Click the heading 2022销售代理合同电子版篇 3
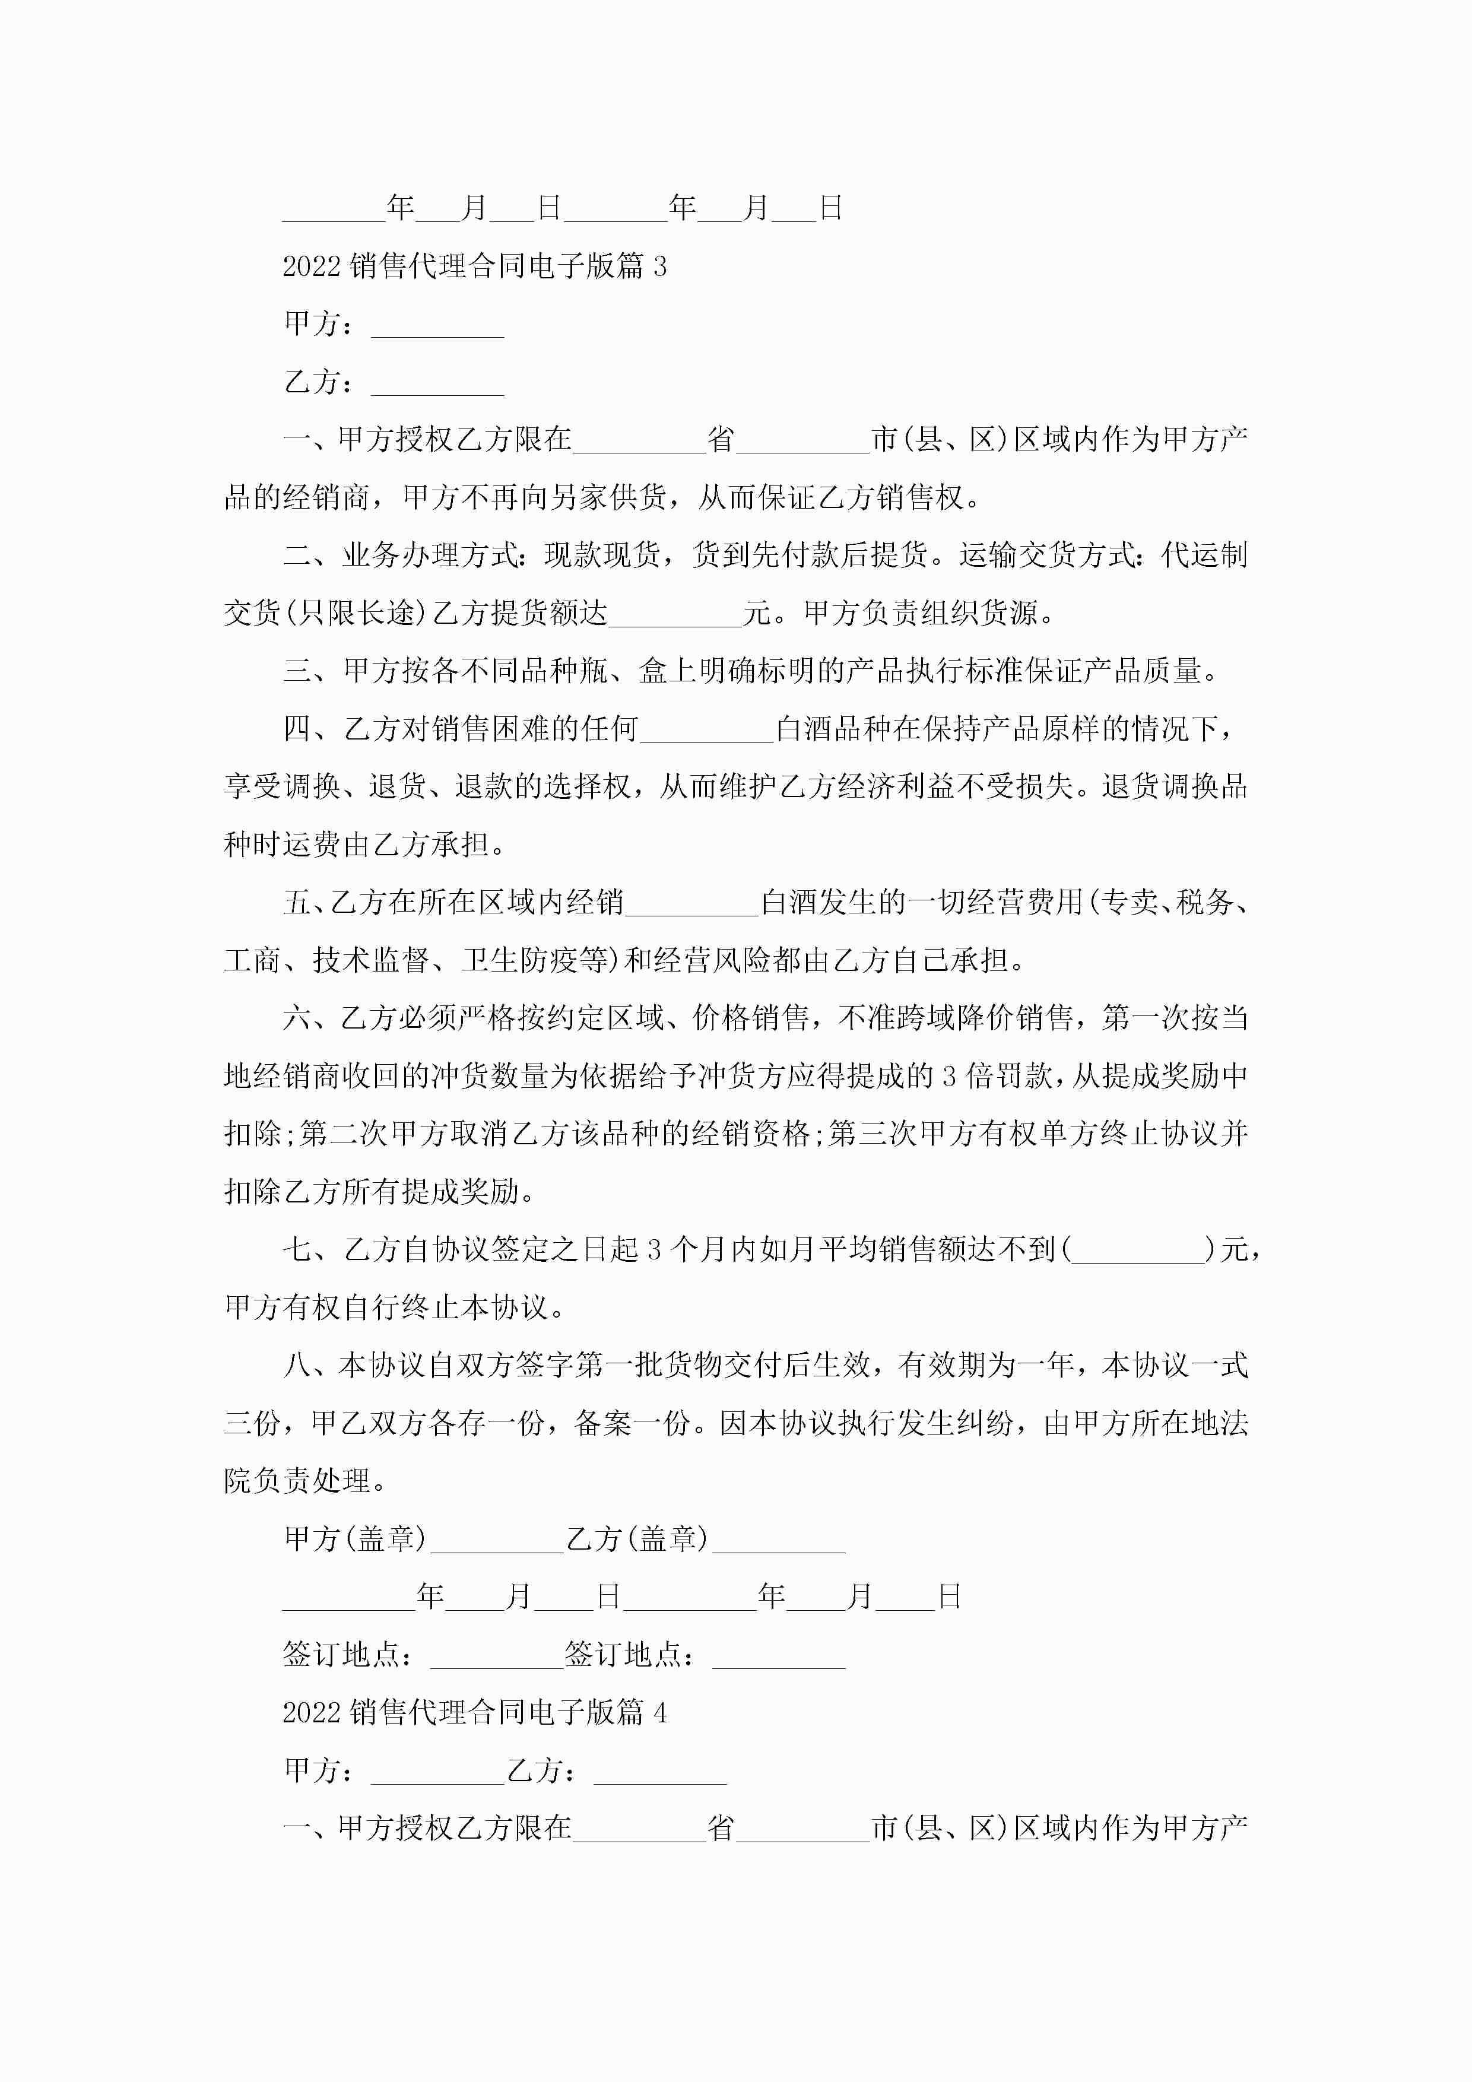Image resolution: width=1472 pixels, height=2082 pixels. [x=474, y=266]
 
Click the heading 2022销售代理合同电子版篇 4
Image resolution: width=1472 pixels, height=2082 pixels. [x=474, y=1712]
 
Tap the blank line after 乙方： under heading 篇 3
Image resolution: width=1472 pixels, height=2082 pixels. [x=437, y=385]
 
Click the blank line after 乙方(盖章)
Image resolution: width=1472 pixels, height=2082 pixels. [x=778, y=1541]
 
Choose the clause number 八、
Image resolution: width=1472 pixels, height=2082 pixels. [x=309, y=1364]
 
